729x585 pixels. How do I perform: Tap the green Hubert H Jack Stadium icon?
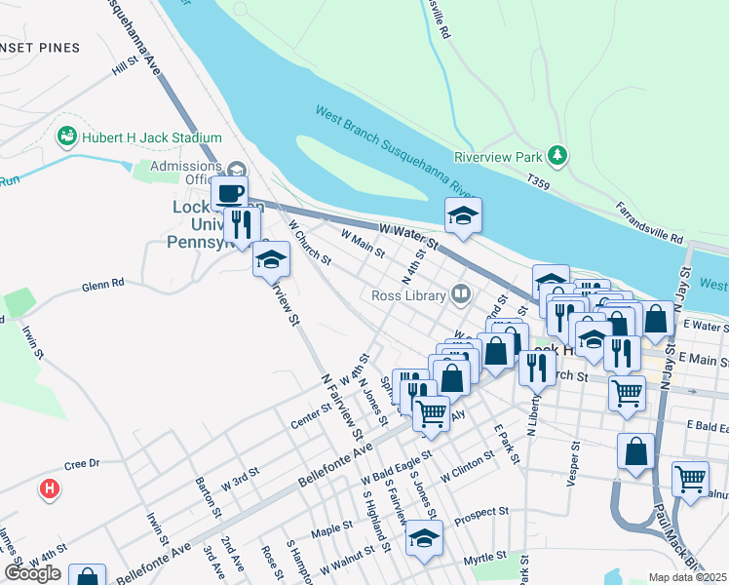pyautogui.click(x=68, y=137)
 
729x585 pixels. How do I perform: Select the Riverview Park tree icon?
pyautogui.click(x=556, y=155)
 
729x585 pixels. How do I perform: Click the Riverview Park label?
pyautogui.click(x=497, y=157)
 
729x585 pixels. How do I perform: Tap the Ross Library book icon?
pyautogui.click(x=459, y=293)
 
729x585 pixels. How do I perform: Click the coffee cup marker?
pyautogui.click(x=230, y=192)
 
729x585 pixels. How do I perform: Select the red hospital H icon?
pyautogui.click(x=48, y=488)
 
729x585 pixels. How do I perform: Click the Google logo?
pyautogui.click(x=32, y=572)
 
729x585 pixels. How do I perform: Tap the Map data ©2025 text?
pyautogui.click(x=687, y=577)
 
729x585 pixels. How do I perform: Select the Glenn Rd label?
pyautogui.click(x=103, y=284)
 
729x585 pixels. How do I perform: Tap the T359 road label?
pyautogui.click(x=538, y=182)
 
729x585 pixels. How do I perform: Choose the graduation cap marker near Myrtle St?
pyautogui.click(x=425, y=538)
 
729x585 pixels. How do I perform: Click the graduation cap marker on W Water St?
pyautogui.click(x=464, y=215)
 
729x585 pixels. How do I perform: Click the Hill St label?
pyautogui.click(x=126, y=67)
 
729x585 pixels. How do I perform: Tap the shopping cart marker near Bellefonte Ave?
pyautogui.click(x=431, y=411)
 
